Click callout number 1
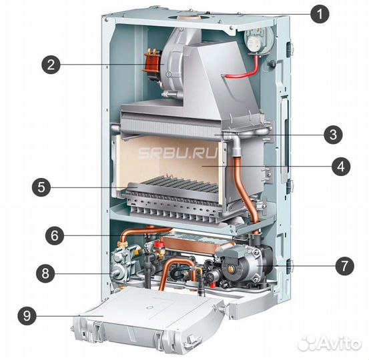[320, 14]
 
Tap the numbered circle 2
[51, 65]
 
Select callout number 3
[333, 135]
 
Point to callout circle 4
[341, 167]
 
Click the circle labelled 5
[41, 187]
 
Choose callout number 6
[55, 235]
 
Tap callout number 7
[344, 266]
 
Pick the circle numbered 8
[45, 273]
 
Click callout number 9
[27, 315]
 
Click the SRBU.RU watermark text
[177, 153]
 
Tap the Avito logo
[329, 344]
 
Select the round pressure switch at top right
[259, 40]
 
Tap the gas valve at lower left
[122, 263]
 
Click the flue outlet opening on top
[188, 17]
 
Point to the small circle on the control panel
[149, 307]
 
